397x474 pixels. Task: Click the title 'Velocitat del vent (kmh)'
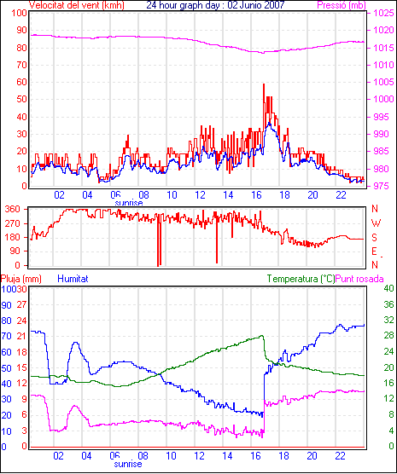click(77, 5)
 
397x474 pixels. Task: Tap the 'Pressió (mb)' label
click(342, 5)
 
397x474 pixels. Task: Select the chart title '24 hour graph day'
click(184, 5)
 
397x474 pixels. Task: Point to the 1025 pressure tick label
click(383, 13)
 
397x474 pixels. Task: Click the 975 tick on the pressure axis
click(381, 186)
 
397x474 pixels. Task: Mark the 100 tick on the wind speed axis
click(19, 14)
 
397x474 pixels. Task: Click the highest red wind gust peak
click(264, 84)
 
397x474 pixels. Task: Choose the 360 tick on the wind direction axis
click(13, 209)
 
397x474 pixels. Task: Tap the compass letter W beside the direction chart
click(376, 223)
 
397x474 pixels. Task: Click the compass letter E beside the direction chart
click(374, 251)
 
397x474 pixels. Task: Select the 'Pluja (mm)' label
click(21, 279)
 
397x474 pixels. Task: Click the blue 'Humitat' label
click(73, 279)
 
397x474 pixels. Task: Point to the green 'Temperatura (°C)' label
click(301, 279)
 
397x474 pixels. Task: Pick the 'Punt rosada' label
click(359, 279)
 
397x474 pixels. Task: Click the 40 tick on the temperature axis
click(388, 288)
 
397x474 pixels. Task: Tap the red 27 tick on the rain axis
click(22, 304)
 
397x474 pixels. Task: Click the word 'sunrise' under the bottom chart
click(128, 464)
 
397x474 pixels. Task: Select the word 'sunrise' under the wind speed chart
click(129, 203)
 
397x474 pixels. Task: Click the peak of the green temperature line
click(262, 335)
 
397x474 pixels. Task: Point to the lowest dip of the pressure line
click(263, 53)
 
